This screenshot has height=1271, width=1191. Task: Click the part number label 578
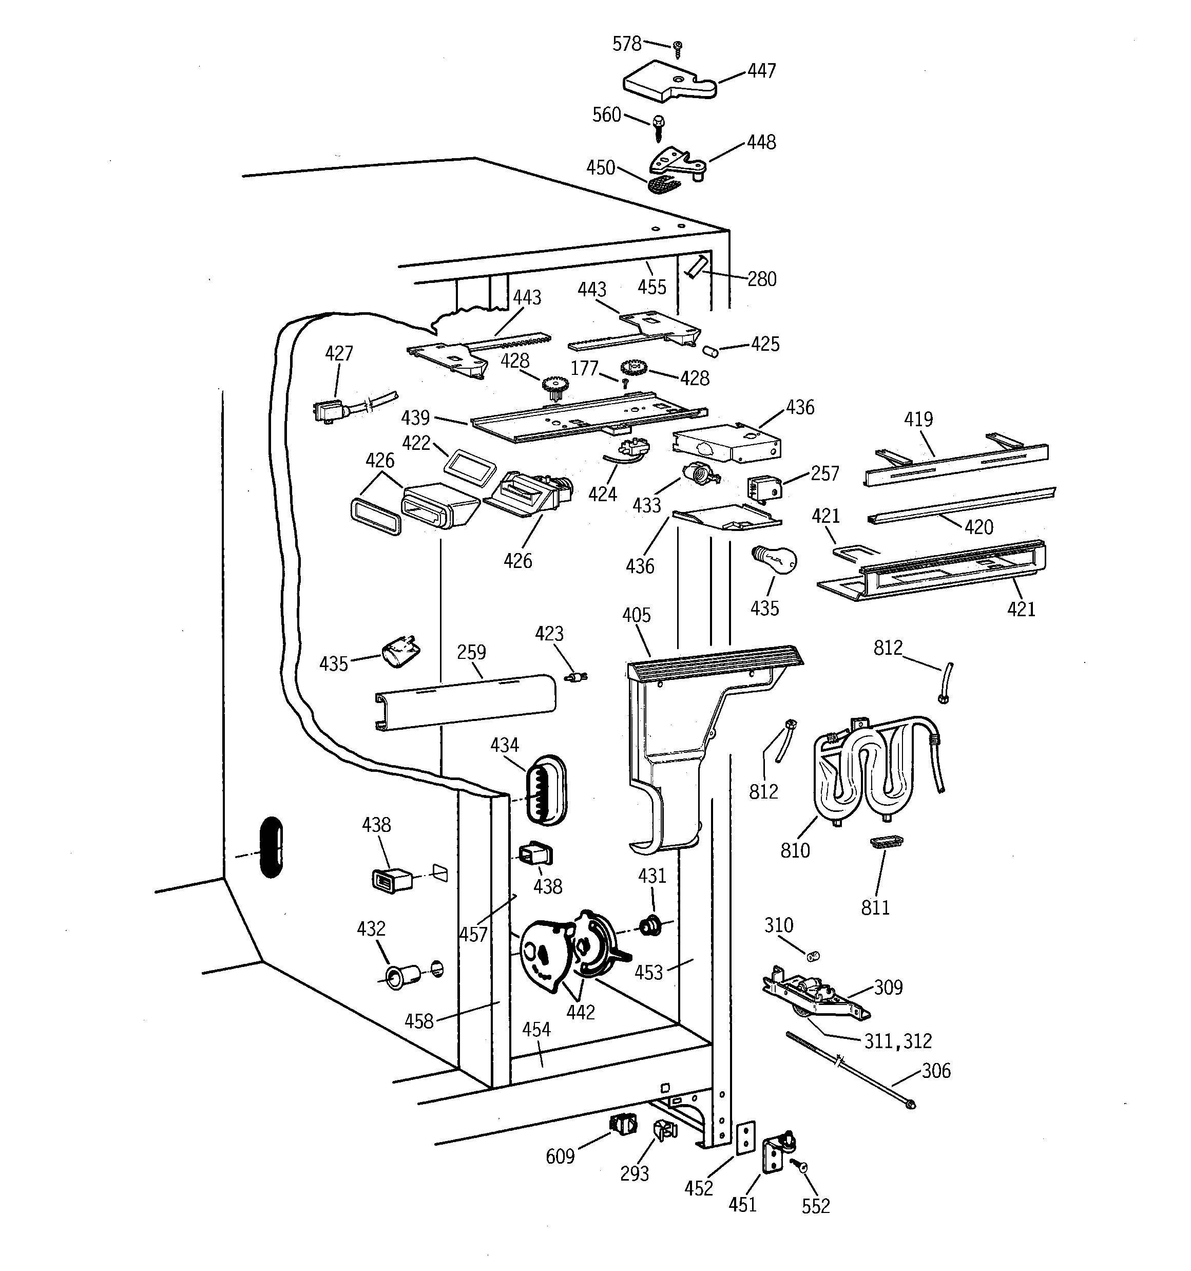point(626,44)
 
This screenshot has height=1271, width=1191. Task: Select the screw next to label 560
point(659,127)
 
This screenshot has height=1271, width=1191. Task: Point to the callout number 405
point(636,615)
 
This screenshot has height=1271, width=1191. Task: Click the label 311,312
point(897,1041)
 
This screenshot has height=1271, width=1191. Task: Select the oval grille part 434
point(545,790)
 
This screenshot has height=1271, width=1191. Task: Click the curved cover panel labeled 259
point(466,701)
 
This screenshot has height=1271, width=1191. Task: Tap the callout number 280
point(761,279)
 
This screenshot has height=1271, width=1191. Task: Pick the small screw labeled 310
point(813,956)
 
